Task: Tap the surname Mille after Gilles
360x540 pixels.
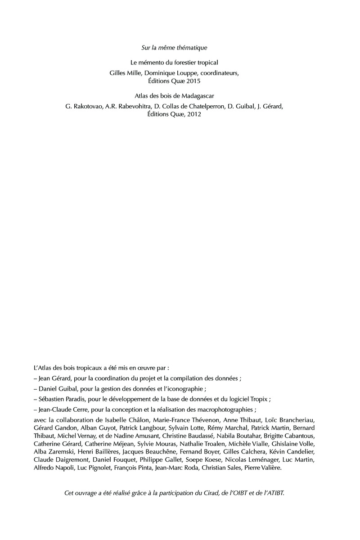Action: [x=135, y=72]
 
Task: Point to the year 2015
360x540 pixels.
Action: [x=204, y=81]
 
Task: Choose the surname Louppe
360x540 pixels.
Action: [x=186, y=72]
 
